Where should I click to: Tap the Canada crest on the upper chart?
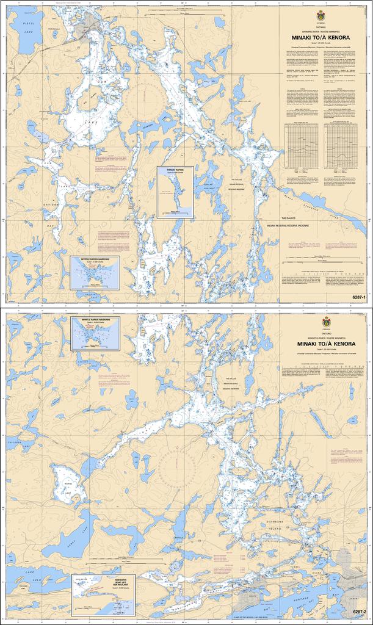point(320,15)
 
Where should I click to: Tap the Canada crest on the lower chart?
point(326,322)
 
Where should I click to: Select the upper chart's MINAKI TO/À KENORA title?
point(320,37)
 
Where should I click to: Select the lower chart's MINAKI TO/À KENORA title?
point(326,344)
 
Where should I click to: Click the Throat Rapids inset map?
point(175,192)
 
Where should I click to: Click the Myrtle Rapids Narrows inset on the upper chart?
point(95,272)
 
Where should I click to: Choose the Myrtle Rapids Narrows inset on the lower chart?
point(95,333)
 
